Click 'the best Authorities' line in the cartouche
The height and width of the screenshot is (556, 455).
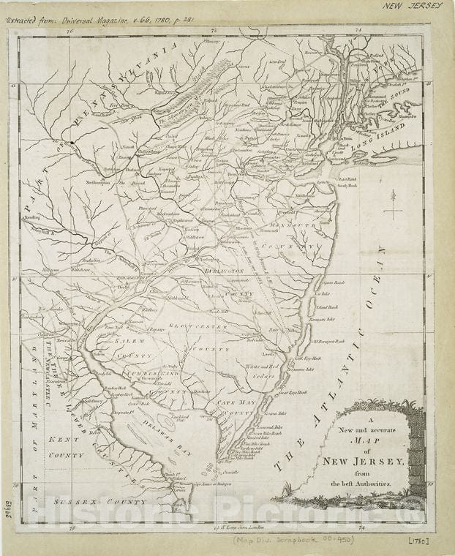[x=364, y=484]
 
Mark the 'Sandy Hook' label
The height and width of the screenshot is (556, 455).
[x=347, y=186]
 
